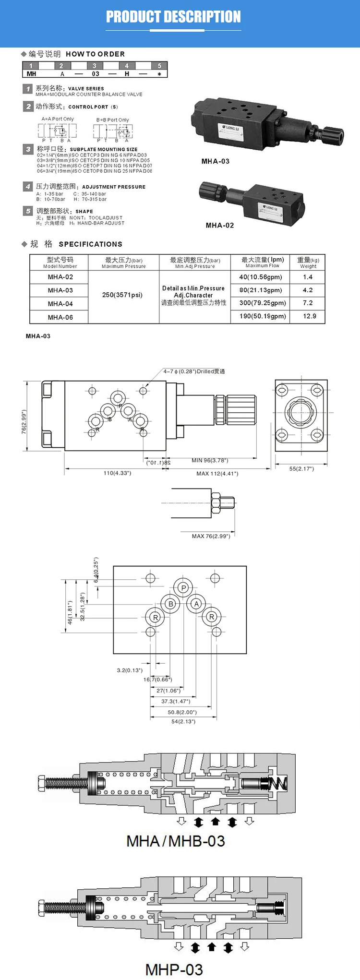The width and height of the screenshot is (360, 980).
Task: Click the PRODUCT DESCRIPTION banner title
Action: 173,17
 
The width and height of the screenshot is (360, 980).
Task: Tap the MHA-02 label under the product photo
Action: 220,225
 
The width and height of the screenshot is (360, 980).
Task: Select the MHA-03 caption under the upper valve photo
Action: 216,161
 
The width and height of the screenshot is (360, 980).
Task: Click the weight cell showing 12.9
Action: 309,316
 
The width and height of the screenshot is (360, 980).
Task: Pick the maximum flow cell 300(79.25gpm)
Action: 262,303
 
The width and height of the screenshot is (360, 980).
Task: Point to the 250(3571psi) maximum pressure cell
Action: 122,295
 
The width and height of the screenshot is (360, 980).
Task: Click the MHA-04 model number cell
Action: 60,304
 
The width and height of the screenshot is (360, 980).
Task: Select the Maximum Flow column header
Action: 262,262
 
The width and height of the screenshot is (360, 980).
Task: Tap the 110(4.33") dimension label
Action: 117,473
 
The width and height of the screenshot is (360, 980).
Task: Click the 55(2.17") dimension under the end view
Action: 301,468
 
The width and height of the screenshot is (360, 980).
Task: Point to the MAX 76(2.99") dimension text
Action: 211,536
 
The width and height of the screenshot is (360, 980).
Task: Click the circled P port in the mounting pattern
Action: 183,588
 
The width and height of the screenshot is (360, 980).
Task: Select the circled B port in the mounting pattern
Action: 170,604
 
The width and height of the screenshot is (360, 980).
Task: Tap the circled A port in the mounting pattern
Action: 196,604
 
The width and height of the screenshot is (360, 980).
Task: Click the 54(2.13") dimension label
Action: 183,721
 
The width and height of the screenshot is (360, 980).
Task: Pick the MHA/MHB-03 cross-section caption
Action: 176,841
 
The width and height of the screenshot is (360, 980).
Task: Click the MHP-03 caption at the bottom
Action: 174,969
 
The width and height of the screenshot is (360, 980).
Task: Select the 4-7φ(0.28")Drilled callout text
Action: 194,371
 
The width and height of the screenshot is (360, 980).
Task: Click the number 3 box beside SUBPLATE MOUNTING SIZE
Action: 28,149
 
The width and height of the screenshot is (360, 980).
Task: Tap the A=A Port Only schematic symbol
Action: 57,130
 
